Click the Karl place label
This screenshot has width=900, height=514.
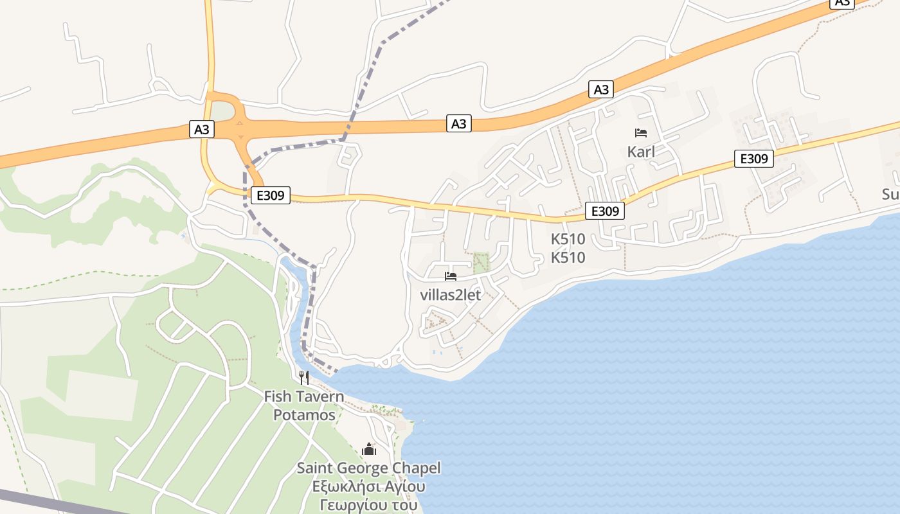pyautogui.click(x=640, y=152)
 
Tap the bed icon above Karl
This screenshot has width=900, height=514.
pyautogui.click(x=640, y=133)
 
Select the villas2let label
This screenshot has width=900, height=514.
pyautogui.click(x=450, y=296)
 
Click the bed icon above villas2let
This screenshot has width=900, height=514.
pyautogui.click(x=451, y=277)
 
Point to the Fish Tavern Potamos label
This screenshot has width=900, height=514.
pyautogui.click(x=304, y=405)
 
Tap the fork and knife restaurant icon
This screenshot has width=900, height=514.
pyautogui.click(x=304, y=377)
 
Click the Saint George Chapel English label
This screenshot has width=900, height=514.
pyautogui.click(x=368, y=468)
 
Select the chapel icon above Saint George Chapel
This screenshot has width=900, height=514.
pyautogui.click(x=368, y=449)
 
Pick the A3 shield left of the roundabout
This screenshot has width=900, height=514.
pyautogui.click(x=202, y=129)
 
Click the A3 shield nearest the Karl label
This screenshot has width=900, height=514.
pyautogui.click(x=601, y=89)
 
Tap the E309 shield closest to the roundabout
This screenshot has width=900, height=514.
pyautogui.click(x=270, y=195)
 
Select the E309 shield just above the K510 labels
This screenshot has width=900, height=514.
pyautogui.click(x=604, y=211)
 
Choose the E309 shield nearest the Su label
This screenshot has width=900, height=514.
pyautogui.click(x=753, y=159)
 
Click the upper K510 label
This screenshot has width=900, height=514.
pyautogui.click(x=568, y=239)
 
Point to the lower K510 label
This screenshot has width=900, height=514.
pyautogui.click(x=568, y=258)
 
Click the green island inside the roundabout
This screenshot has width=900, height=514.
pyautogui.click(x=223, y=112)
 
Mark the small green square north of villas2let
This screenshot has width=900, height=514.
pyautogui.click(x=481, y=261)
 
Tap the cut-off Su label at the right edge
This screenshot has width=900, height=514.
pyautogui.click(x=891, y=193)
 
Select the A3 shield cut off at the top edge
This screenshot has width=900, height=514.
pyautogui.click(x=842, y=3)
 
